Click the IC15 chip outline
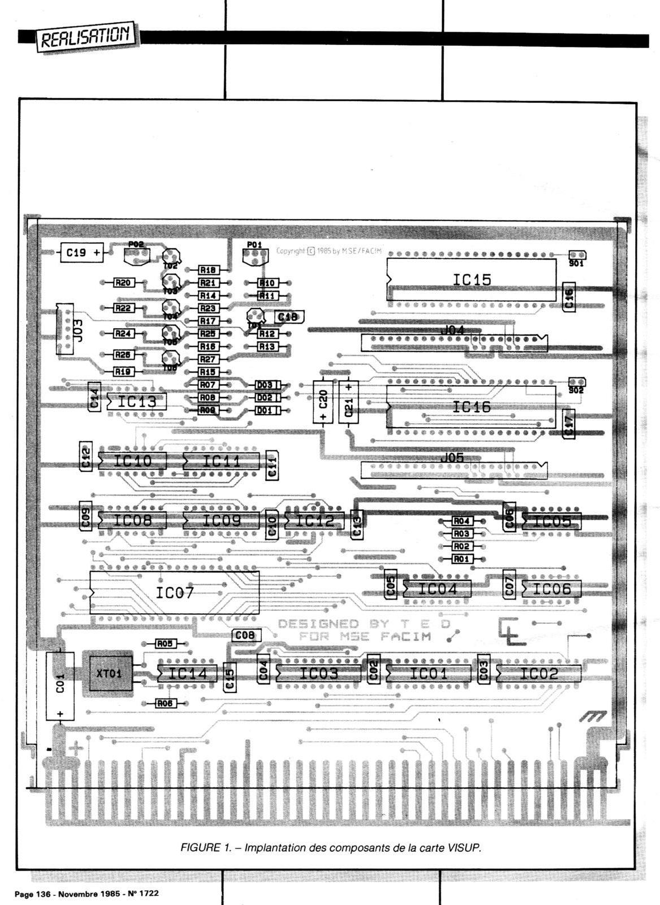(x=472, y=279)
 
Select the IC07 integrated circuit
(x=174, y=592)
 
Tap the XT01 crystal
(x=109, y=673)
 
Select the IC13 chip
(x=137, y=402)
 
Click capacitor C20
(x=323, y=401)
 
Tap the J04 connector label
(x=452, y=330)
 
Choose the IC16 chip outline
(x=472, y=407)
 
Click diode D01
(x=265, y=410)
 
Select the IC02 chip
(x=538, y=673)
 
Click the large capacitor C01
(x=60, y=686)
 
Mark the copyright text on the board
(x=329, y=251)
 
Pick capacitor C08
(x=245, y=635)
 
